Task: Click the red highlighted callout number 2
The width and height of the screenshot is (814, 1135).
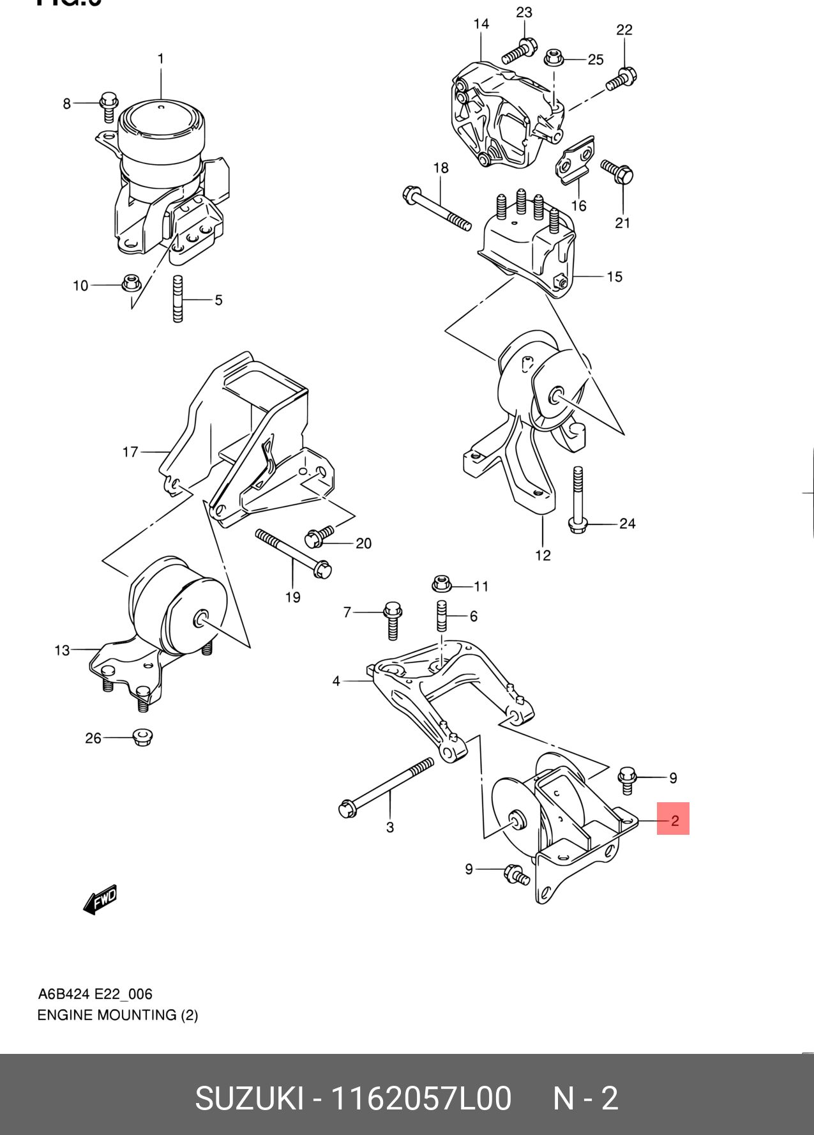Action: coord(674,819)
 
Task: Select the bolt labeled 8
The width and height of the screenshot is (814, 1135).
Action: coord(109,106)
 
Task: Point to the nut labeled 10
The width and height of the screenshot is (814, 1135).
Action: coord(132,283)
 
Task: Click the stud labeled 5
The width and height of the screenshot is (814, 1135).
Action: coord(178,298)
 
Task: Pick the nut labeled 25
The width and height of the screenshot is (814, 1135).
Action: coord(553,59)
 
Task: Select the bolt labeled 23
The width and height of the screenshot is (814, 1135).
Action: coord(519,50)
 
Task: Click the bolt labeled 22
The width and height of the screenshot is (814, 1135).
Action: coord(621,79)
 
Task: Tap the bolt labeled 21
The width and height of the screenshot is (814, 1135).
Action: coord(617,172)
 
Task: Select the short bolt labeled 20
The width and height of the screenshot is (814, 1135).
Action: coord(320,535)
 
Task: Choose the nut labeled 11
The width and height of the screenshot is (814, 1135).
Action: coord(442,584)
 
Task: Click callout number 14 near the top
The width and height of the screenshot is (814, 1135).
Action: coord(481,24)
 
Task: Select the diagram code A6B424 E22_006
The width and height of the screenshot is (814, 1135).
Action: coord(95,994)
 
